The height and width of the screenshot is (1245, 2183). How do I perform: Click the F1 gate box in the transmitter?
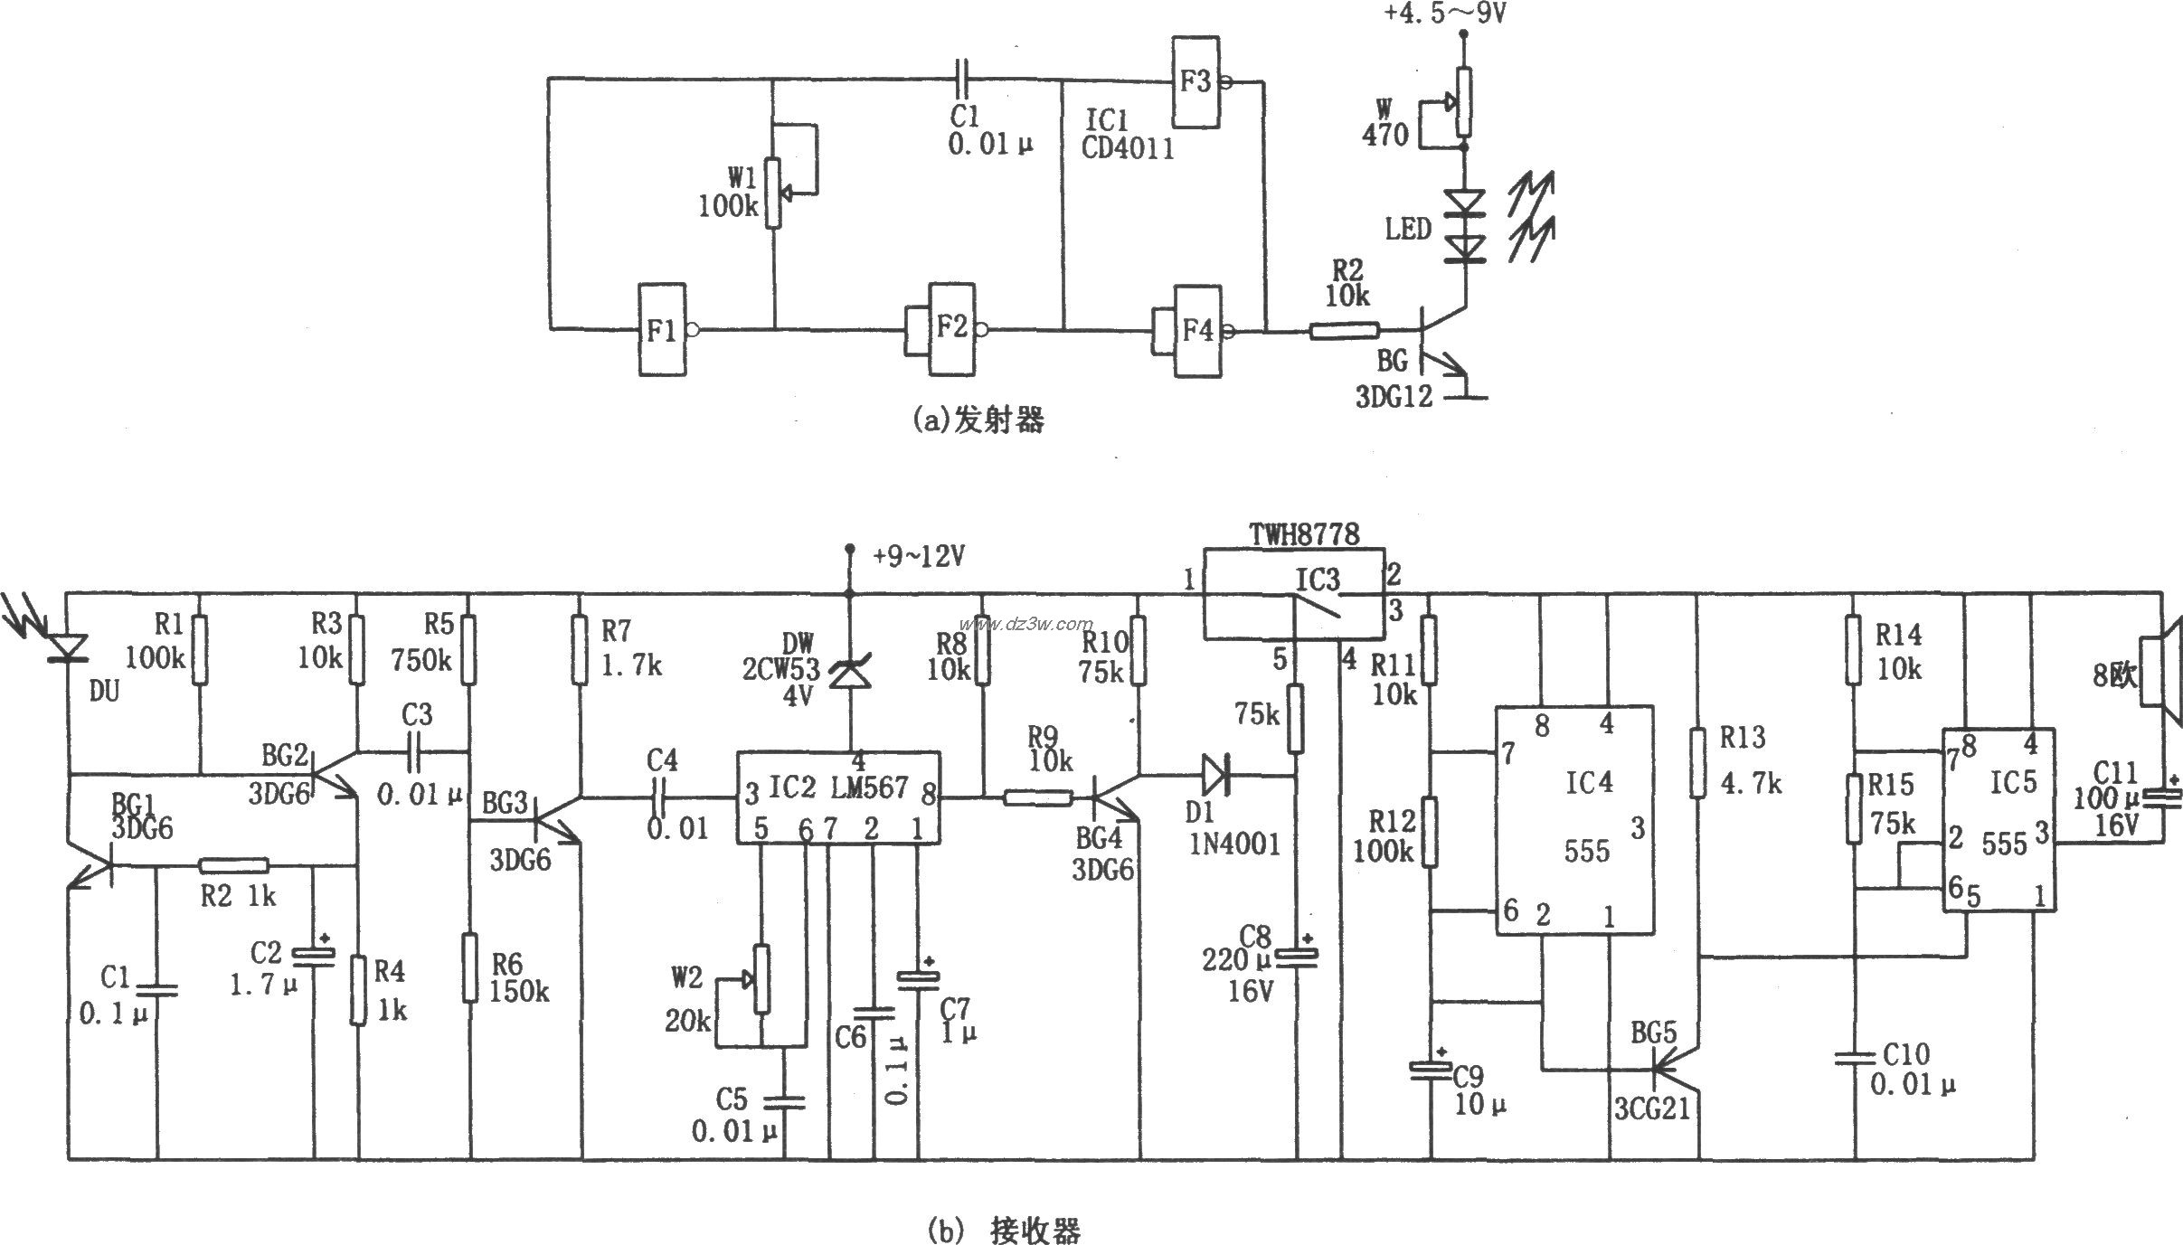[662, 330]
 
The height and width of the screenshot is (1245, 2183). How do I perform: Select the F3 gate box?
[1195, 81]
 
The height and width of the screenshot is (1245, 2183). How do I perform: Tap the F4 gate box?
[1197, 331]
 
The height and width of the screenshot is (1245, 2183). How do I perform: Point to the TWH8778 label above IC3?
[1304, 534]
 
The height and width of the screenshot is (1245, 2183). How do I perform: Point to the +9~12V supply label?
[918, 557]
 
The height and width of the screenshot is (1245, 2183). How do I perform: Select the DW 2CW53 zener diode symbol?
[848, 674]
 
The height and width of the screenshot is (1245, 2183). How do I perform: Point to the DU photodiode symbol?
[68, 647]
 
